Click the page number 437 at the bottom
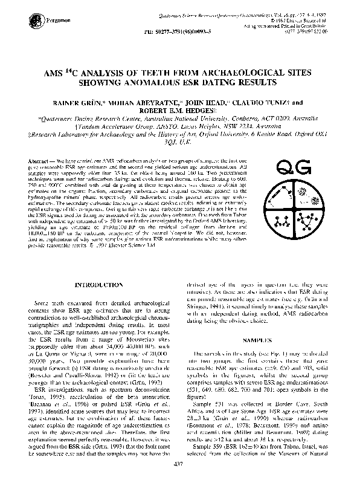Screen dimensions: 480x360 (179, 464)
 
